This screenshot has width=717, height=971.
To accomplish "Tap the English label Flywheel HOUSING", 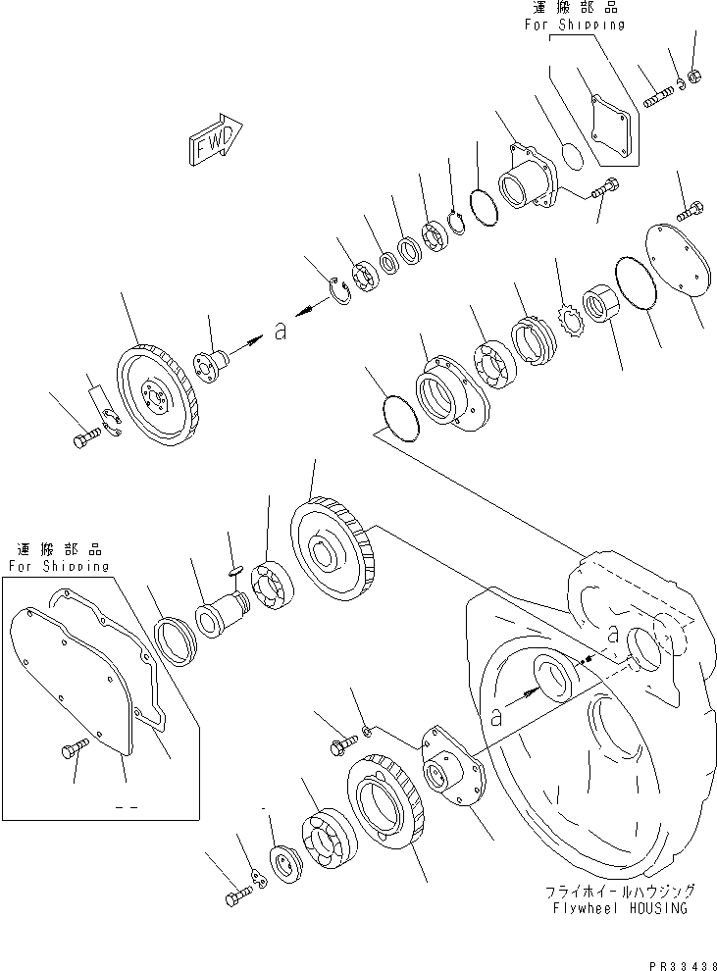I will [622, 908].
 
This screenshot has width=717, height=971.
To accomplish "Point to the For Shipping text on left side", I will [59, 566].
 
